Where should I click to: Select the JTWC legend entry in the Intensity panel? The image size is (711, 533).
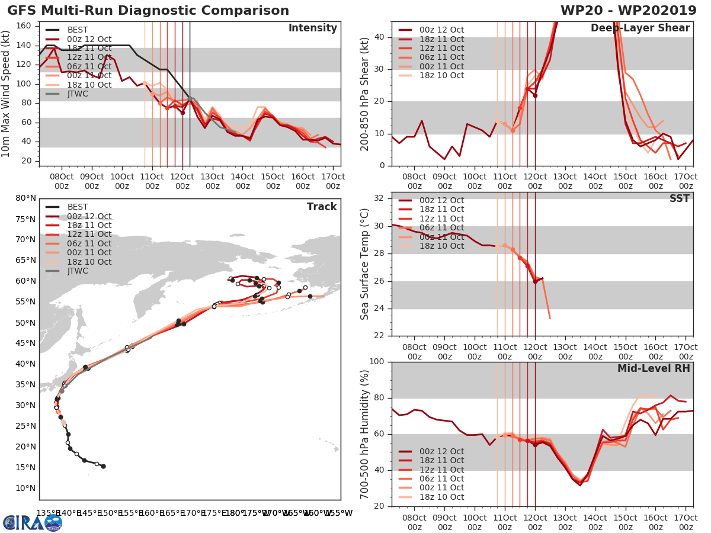click(x=78, y=94)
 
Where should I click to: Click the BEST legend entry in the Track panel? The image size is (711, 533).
click(x=78, y=207)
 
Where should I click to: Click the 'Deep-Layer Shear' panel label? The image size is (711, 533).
click(x=640, y=28)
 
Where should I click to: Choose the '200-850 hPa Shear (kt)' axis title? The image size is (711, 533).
click(x=366, y=94)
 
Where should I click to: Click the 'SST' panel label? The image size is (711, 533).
click(x=680, y=198)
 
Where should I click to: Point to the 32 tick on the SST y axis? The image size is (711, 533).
click(x=381, y=198)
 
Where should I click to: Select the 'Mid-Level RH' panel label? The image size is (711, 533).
click(x=654, y=368)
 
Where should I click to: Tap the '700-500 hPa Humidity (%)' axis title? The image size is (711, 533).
click(x=366, y=434)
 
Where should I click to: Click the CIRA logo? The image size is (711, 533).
click(x=32, y=522)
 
